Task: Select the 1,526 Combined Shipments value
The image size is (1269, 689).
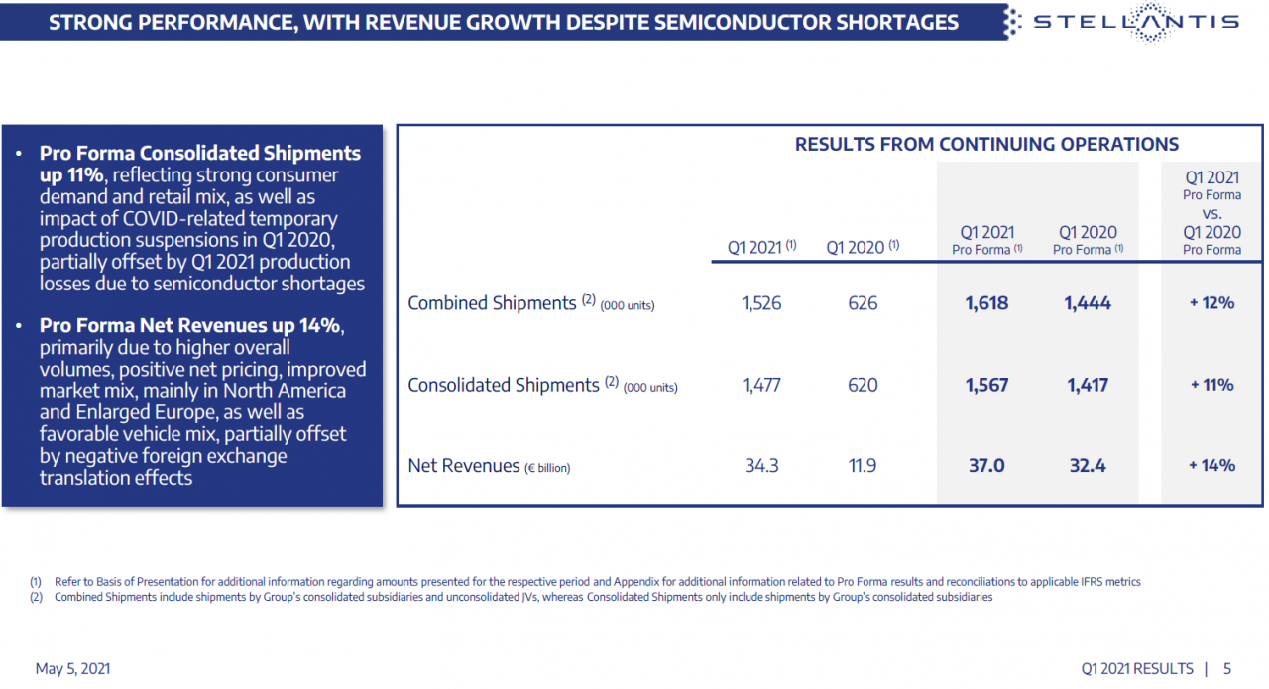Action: click(x=761, y=303)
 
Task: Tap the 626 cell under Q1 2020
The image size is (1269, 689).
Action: click(x=863, y=303)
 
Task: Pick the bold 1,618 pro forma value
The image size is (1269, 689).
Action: click(x=986, y=303)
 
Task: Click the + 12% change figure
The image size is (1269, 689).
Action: click(x=1211, y=303)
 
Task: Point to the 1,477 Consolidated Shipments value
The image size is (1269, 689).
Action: click(x=761, y=385)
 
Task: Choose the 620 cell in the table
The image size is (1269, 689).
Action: click(x=863, y=385)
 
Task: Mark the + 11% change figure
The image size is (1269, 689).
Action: click(x=1211, y=385)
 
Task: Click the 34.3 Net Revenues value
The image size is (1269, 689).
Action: click(x=761, y=465)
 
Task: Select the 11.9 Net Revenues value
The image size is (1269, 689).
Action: click(x=863, y=465)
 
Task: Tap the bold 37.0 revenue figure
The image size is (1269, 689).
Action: click(x=986, y=465)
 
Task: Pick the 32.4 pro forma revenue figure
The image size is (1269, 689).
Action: click(x=1088, y=465)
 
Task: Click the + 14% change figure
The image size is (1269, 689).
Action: click(x=1211, y=465)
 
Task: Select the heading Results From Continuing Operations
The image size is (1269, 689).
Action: click(x=986, y=145)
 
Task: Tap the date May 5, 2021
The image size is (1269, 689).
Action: click(x=72, y=669)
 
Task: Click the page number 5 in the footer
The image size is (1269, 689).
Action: click(x=1227, y=669)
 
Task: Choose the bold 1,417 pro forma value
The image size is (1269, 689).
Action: click(x=1088, y=385)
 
